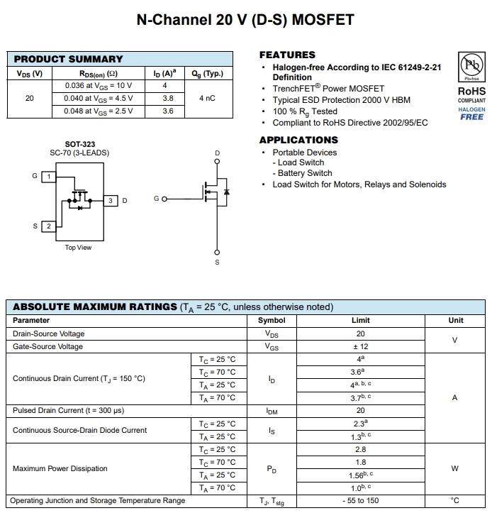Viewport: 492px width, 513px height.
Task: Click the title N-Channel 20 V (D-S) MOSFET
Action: coord(245,20)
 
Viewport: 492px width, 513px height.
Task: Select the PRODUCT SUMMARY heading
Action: coord(68,59)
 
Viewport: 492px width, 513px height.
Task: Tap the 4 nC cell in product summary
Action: coord(207,98)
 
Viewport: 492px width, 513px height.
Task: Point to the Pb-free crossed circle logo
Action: coord(471,67)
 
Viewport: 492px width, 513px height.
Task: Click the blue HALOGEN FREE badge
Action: coord(471,114)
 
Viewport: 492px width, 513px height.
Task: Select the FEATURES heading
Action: coord(287,55)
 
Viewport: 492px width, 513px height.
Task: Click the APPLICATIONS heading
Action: coord(298,140)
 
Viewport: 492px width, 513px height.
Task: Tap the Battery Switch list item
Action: coord(305,173)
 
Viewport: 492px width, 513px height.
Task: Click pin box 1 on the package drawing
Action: coord(48,176)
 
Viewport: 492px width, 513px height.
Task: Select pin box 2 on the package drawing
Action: coord(48,226)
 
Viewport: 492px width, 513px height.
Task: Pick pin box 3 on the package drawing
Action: coord(111,201)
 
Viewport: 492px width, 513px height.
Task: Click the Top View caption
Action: coord(78,248)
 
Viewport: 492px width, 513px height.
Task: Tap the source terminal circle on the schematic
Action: coord(217,252)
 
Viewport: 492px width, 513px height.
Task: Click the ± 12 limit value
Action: coord(360,346)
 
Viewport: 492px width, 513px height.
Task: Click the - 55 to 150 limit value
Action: coord(360,500)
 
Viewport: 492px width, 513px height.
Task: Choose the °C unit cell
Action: coord(455,500)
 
